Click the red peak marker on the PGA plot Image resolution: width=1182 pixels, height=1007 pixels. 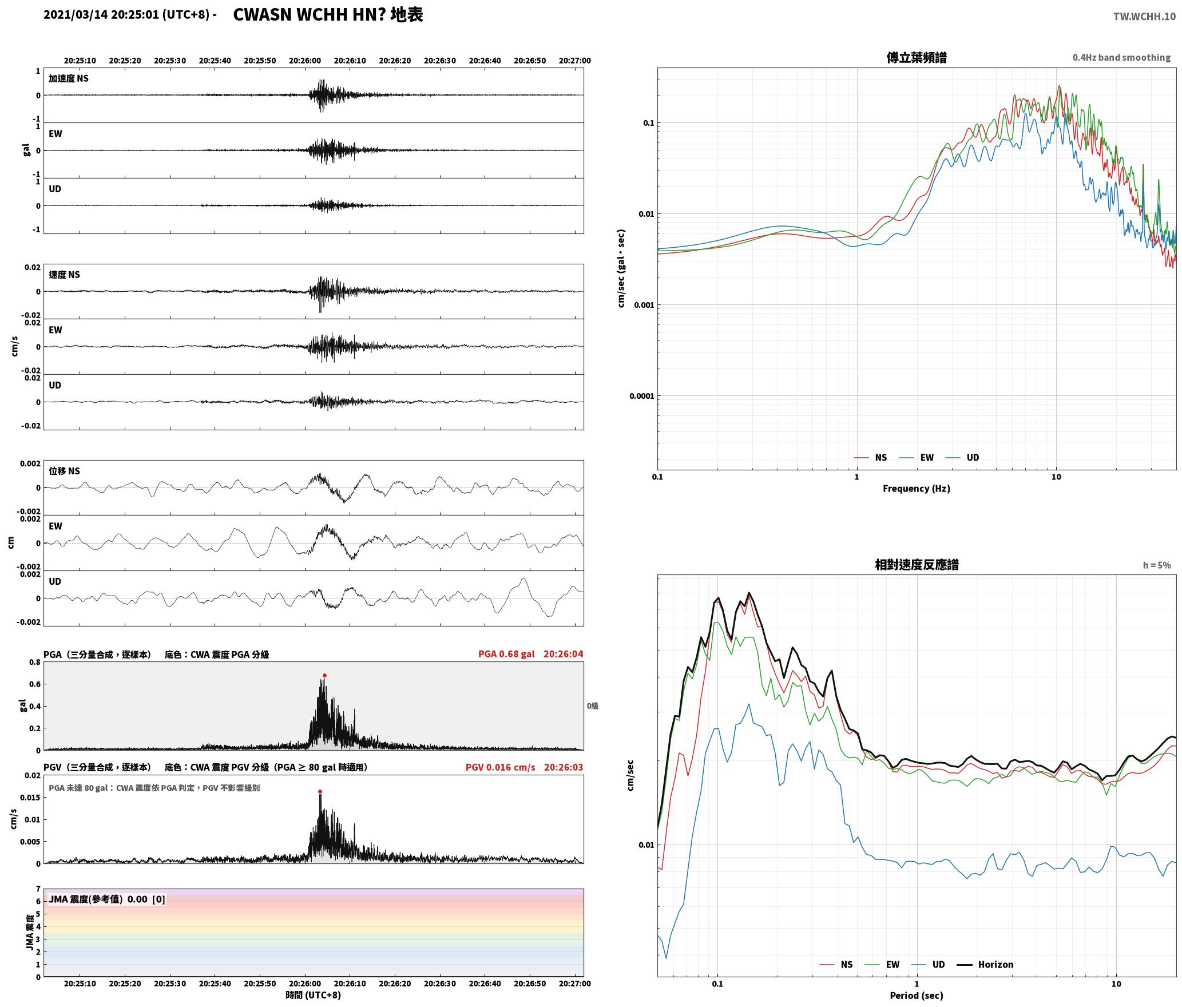pyautogui.click(x=324, y=676)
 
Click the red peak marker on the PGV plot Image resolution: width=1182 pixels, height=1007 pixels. pyautogui.click(x=320, y=792)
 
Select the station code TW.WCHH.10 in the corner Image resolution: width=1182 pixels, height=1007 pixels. pyautogui.click(x=1144, y=17)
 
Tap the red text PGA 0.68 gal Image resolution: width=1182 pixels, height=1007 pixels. pyautogui.click(x=506, y=654)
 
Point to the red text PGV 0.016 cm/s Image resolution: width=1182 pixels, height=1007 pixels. pyautogui.click(x=500, y=767)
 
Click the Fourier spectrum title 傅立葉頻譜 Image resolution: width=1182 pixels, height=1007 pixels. pyautogui.click(x=916, y=58)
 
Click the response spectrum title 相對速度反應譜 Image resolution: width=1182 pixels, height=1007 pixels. pyautogui.click(x=917, y=565)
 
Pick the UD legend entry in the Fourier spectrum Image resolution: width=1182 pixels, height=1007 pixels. pyautogui.click(x=962, y=458)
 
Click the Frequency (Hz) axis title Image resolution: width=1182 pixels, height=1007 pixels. pyautogui.click(x=916, y=489)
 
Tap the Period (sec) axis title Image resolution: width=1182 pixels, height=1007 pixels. pyautogui.click(x=916, y=996)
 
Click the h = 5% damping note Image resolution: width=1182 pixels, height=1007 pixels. pyautogui.click(x=1157, y=565)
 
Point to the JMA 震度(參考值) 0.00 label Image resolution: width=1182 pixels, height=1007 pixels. pyautogui.click(x=98, y=899)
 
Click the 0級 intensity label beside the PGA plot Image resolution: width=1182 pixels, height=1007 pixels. pyautogui.click(x=592, y=706)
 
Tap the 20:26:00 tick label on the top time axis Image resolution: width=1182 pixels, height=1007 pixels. pyautogui.click(x=305, y=61)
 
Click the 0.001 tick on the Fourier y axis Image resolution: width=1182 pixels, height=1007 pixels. pyautogui.click(x=644, y=305)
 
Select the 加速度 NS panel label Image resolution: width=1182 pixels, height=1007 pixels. pyautogui.click(x=69, y=79)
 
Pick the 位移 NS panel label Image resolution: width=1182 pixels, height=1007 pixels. pyautogui.click(x=64, y=471)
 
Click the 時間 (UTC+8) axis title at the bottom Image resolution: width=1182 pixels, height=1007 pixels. pyautogui.click(x=313, y=996)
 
